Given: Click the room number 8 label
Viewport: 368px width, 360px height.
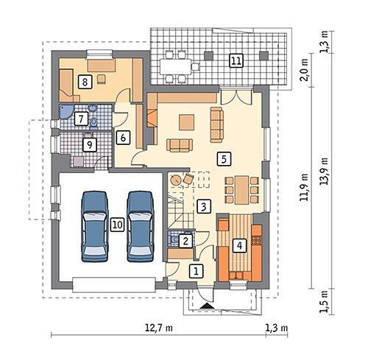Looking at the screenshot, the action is coord(85,82).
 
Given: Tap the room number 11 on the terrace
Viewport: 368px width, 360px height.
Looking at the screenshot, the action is coord(236,60).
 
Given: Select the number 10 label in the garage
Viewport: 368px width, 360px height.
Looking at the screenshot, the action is coord(117,225).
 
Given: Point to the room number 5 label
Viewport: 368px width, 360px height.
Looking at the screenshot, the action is coord(224,159).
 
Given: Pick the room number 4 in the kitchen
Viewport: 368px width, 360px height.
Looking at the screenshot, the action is coord(239,245).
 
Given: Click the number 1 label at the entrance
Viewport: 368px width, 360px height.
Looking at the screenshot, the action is coord(196,271).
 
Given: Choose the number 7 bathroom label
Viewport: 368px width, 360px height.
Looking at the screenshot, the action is coord(81,119).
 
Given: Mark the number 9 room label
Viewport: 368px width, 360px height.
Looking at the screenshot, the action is coord(90,145).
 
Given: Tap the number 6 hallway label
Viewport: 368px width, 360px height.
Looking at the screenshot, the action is coord(123,138).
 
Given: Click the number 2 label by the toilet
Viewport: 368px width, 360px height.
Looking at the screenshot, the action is coord(185,241).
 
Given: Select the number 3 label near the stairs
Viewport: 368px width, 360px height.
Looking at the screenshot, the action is coord(204,206).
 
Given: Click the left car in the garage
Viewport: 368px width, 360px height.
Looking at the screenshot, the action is coord(95,226).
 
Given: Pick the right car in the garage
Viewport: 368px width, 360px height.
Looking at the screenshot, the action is coord(141,226).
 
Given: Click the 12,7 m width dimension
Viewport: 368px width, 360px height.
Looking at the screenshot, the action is coord(159,328).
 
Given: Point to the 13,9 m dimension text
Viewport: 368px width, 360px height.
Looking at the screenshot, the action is coord(325,171).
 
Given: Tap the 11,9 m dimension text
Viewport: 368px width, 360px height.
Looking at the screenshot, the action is coord(305,187).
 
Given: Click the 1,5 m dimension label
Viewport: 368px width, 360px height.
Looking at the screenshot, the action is coord(325,301).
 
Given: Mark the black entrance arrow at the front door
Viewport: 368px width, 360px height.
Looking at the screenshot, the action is coord(208,306).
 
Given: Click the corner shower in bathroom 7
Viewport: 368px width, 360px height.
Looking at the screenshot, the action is coord(65,111).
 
